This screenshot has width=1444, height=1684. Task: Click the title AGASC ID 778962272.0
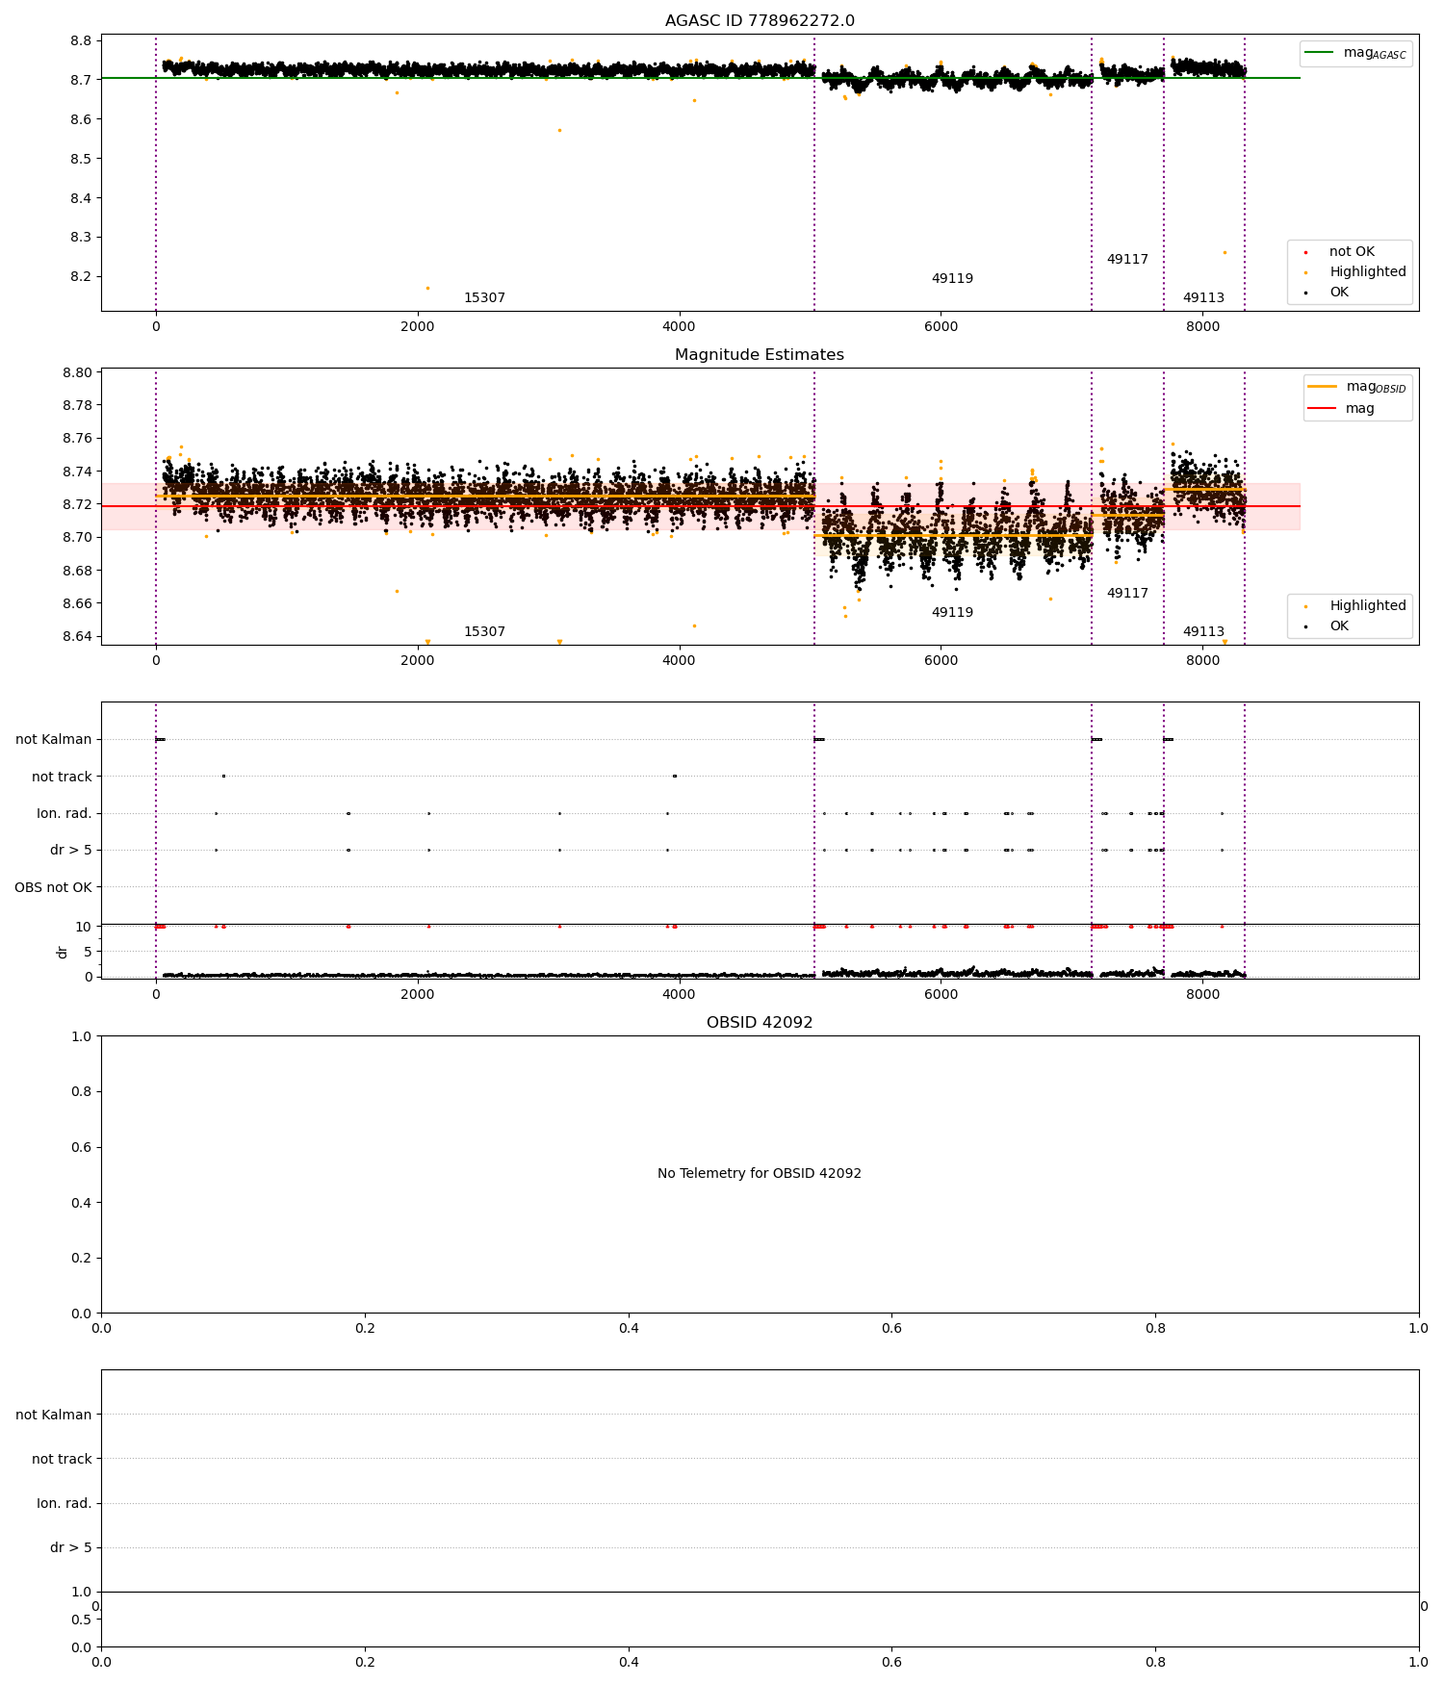coord(760,21)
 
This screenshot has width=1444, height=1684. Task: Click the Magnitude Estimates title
coord(760,355)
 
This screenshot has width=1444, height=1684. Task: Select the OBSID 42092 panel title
coord(760,1023)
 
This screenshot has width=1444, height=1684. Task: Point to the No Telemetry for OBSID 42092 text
coord(760,1174)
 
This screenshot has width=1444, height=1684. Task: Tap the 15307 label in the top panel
coord(484,298)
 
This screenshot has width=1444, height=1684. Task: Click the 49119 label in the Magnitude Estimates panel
coord(952,613)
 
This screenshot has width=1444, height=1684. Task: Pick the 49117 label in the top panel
coord(1127,260)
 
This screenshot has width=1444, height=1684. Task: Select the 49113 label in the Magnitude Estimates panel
coord(1203,632)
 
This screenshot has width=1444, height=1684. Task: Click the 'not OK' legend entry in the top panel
coord(1352,252)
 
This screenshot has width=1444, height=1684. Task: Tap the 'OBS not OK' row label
coord(54,887)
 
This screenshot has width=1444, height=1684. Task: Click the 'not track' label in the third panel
coord(62,777)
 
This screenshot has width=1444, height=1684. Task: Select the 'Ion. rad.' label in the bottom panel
coord(64,1503)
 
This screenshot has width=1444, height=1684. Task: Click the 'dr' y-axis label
coord(63,952)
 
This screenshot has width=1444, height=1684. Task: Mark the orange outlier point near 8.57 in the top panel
coord(559,131)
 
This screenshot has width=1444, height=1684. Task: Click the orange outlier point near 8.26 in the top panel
coord(1225,253)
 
